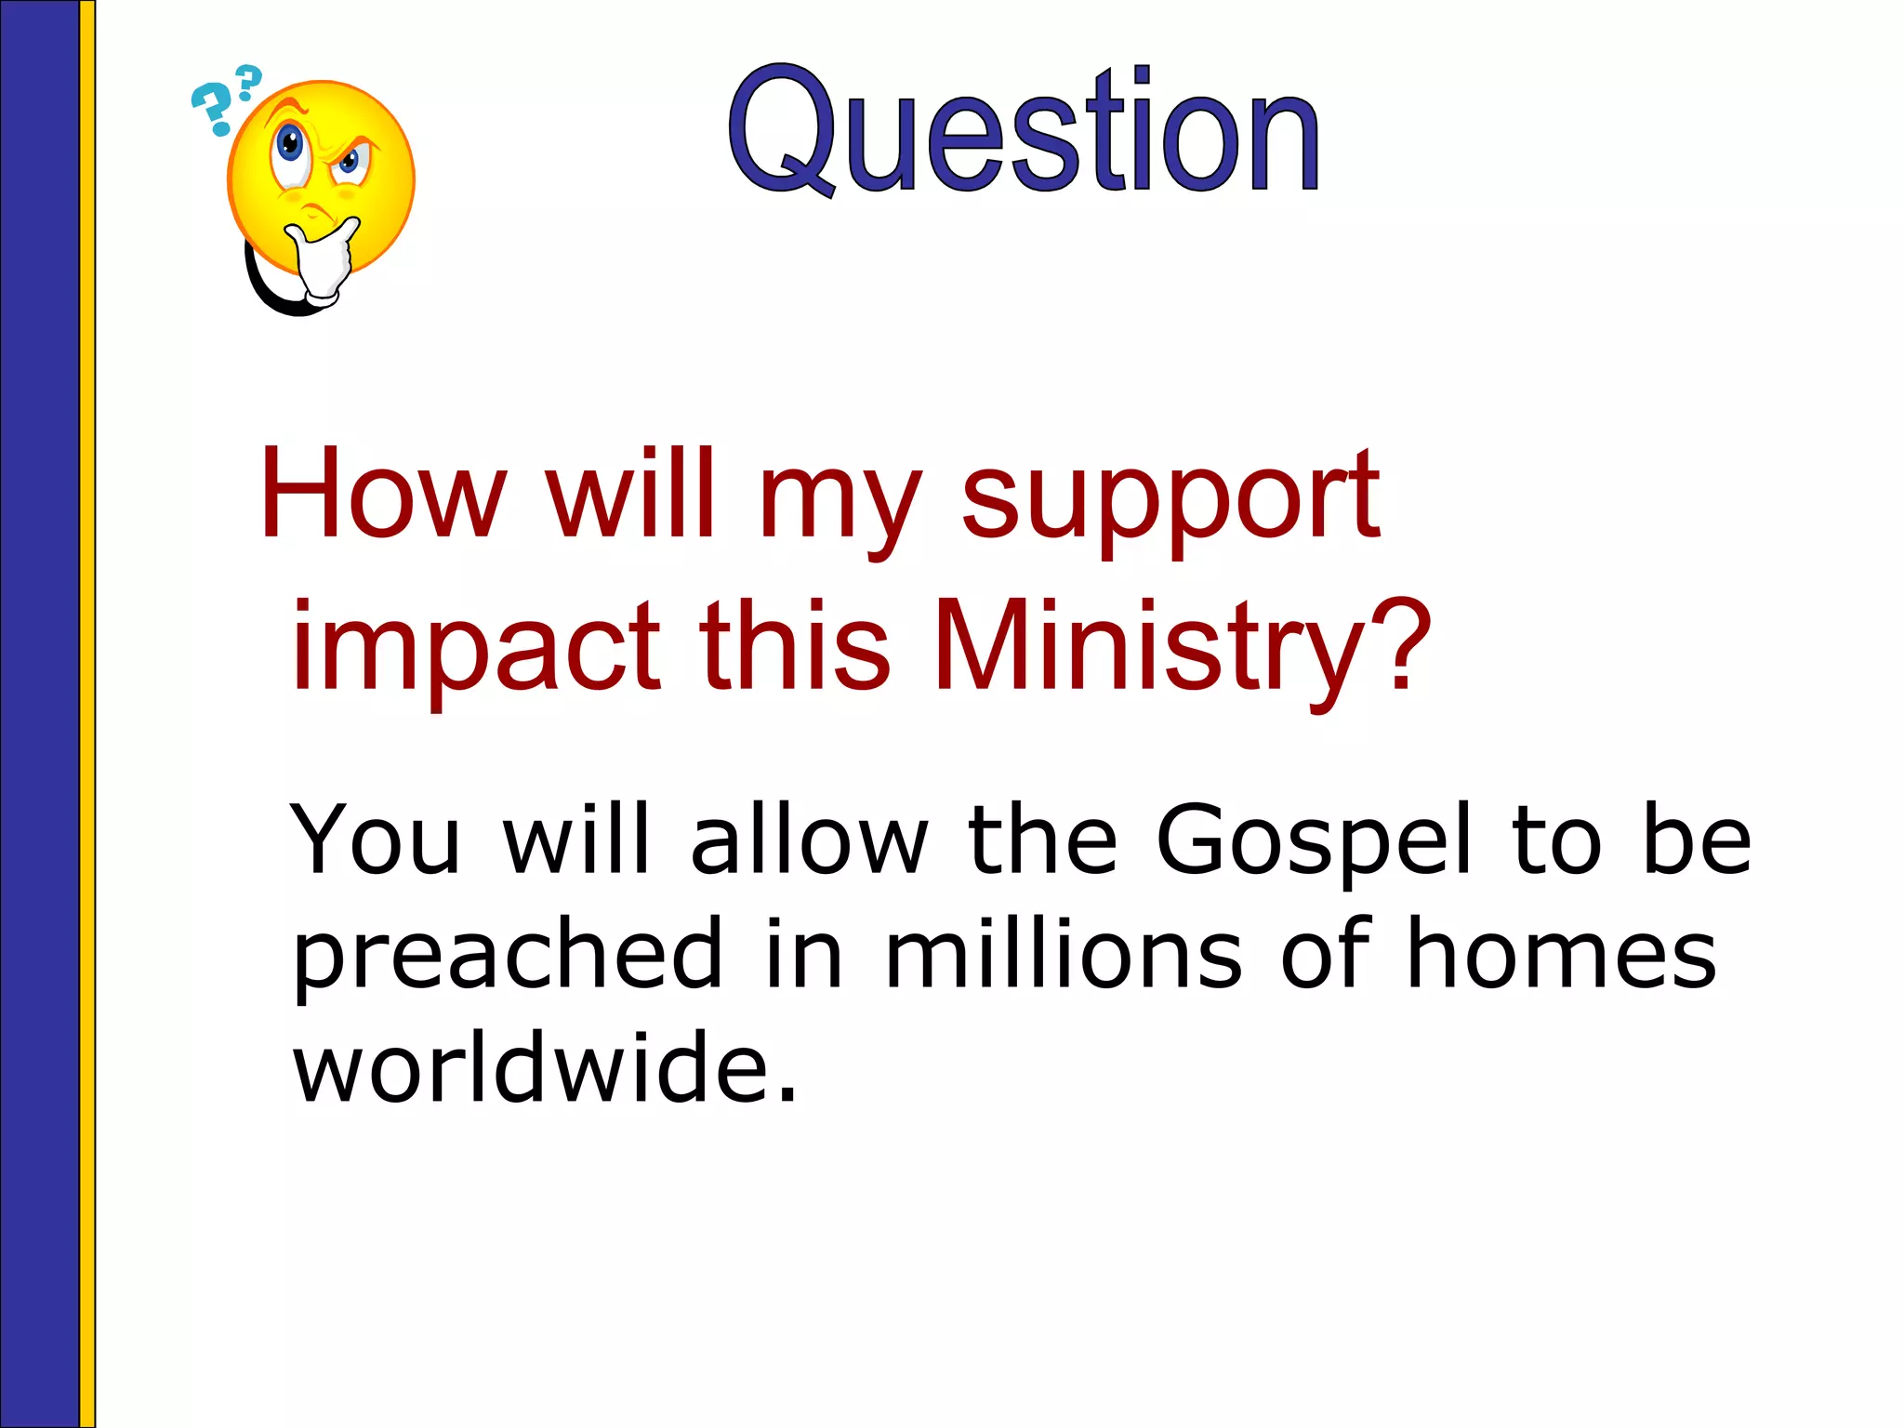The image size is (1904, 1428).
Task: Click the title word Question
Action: coord(1023,130)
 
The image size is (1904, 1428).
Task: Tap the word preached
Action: coord(508,958)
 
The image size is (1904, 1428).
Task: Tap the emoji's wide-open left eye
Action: coord(290,147)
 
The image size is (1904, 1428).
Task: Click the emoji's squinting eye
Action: coord(350,162)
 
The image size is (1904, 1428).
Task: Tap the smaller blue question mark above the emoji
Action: coord(248,82)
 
